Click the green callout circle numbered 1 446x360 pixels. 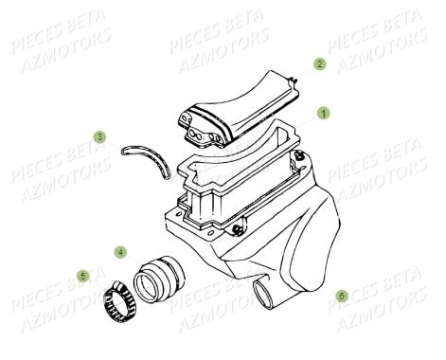pyautogui.click(x=323, y=113)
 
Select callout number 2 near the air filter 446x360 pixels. pyautogui.click(x=319, y=64)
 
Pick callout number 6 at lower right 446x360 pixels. pyautogui.click(x=342, y=296)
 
